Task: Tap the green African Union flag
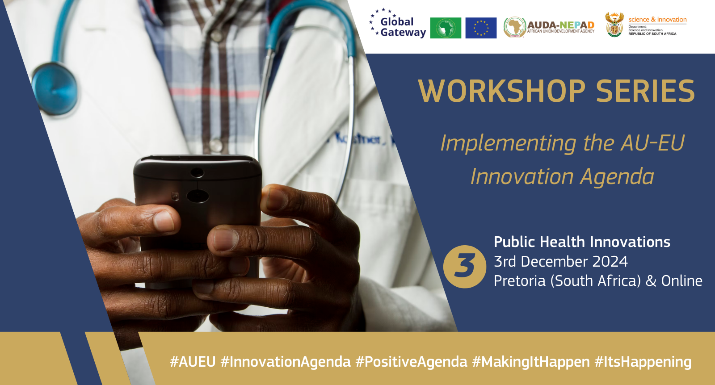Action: tap(446, 28)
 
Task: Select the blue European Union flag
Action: tap(481, 28)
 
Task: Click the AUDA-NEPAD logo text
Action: tap(560, 26)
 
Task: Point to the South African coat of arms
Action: tap(614, 25)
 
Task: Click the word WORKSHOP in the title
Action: tap(501, 92)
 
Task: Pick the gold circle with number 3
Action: tap(465, 267)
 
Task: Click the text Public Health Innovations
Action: tap(582, 242)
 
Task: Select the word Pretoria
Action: tap(520, 281)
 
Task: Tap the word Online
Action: tap(681, 281)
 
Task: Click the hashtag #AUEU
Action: tap(193, 362)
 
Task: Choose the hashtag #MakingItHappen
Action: tap(531, 362)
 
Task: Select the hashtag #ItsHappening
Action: tap(643, 362)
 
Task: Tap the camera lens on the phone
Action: tap(198, 196)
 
